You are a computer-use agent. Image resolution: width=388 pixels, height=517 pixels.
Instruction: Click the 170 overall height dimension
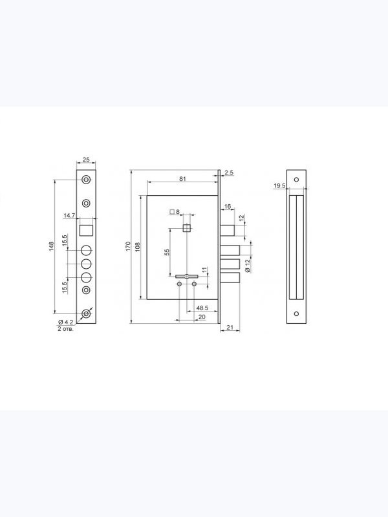(128, 246)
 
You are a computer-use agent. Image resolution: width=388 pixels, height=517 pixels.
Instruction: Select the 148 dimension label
(51, 246)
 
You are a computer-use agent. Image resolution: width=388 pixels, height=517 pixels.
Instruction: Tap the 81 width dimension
(183, 179)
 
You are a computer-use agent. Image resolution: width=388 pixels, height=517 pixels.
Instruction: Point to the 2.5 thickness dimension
(229, 173)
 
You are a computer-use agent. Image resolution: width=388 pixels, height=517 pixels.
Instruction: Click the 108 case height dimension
(138, 247)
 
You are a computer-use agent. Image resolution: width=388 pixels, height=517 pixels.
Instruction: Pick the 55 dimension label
(167, 252)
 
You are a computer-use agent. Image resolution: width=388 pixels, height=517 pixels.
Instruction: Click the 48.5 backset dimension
(202, 308)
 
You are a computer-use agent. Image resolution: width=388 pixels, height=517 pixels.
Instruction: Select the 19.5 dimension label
(279, 186)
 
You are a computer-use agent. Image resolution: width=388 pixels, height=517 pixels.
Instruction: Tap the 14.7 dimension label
(69, 216)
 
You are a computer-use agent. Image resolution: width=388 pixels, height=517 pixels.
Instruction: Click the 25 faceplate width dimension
(86, 160)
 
